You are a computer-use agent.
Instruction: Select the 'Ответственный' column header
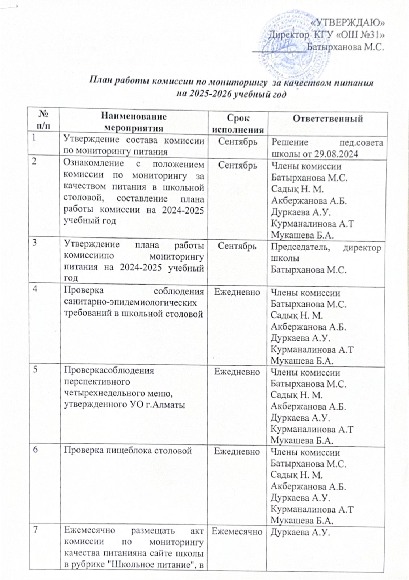point(327,119)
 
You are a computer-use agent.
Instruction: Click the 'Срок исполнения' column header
point(238,124)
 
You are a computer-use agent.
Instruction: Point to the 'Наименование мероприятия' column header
point(133,122)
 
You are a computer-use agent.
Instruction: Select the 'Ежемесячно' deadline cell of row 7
point(237,531)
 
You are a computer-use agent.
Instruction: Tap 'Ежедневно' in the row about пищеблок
point(237,451)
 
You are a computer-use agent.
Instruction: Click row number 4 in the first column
point(34,291)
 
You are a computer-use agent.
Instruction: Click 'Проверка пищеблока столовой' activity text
point(128,451)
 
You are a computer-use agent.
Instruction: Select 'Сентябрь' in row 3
point(237,246)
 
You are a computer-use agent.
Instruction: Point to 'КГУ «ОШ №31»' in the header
point(349,34)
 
